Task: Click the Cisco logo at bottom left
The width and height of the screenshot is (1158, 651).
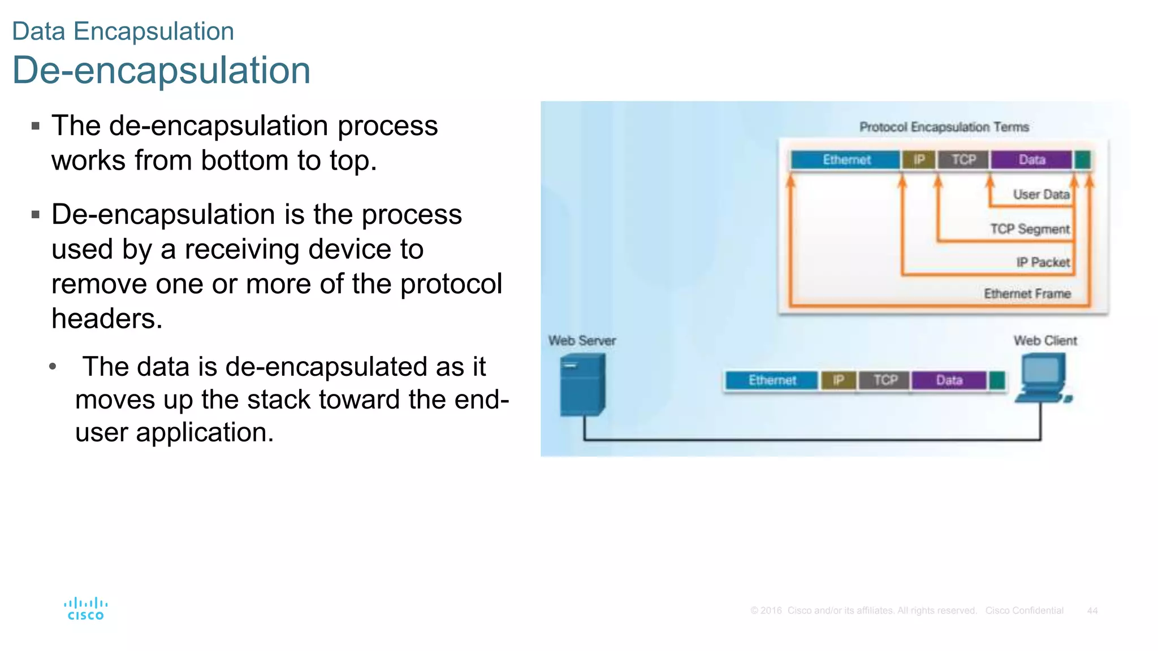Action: click(85, 609)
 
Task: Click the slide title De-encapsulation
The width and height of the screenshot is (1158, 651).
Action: click(161, 71)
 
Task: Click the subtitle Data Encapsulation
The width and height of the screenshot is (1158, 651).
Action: click(123, 31)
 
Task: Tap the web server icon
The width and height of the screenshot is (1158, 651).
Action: click(583, 384)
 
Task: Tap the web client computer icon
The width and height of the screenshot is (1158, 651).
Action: click(1043, 377)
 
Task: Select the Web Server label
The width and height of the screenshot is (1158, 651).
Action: click(582, 341)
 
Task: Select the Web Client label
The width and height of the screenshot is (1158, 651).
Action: click(1045, 341)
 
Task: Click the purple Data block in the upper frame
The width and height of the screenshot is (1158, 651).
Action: click(1031, 160)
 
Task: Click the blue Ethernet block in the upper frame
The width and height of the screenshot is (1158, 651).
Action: click(846, 160)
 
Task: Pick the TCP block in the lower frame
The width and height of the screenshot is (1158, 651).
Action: click(885, 380)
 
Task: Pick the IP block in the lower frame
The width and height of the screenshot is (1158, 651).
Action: click(838, 380)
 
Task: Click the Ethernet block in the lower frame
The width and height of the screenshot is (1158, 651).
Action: click(772, 380)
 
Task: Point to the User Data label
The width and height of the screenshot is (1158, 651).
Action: click(1041, 194)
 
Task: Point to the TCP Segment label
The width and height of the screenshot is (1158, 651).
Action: click(1030, 229)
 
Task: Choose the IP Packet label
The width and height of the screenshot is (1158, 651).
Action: click(1043, 262)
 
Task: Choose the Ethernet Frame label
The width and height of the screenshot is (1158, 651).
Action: click(1027, 294)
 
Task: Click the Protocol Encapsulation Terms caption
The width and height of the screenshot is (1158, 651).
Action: click(944, 127)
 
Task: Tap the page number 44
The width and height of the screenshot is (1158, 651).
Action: click(1092, 611)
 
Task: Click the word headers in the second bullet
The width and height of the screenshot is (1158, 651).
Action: click(107, 319)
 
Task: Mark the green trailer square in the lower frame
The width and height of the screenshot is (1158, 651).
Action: click(997, 380)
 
